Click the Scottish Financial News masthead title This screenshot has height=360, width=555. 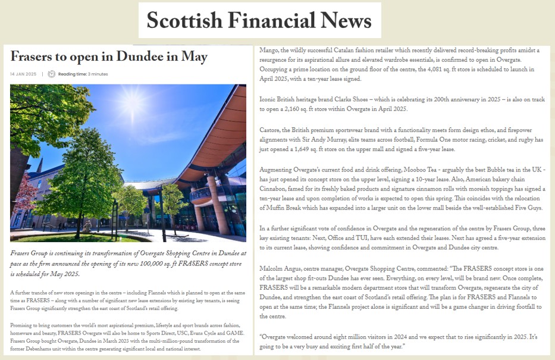pyautogui.click(x=259, y=21)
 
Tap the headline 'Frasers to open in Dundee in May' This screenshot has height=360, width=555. pyautogui.click(x=109, y=57)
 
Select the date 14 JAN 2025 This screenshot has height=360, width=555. pyautogui.click(x=23, y=74)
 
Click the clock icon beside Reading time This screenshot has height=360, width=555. pyautogui.click(x=51, y=74)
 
